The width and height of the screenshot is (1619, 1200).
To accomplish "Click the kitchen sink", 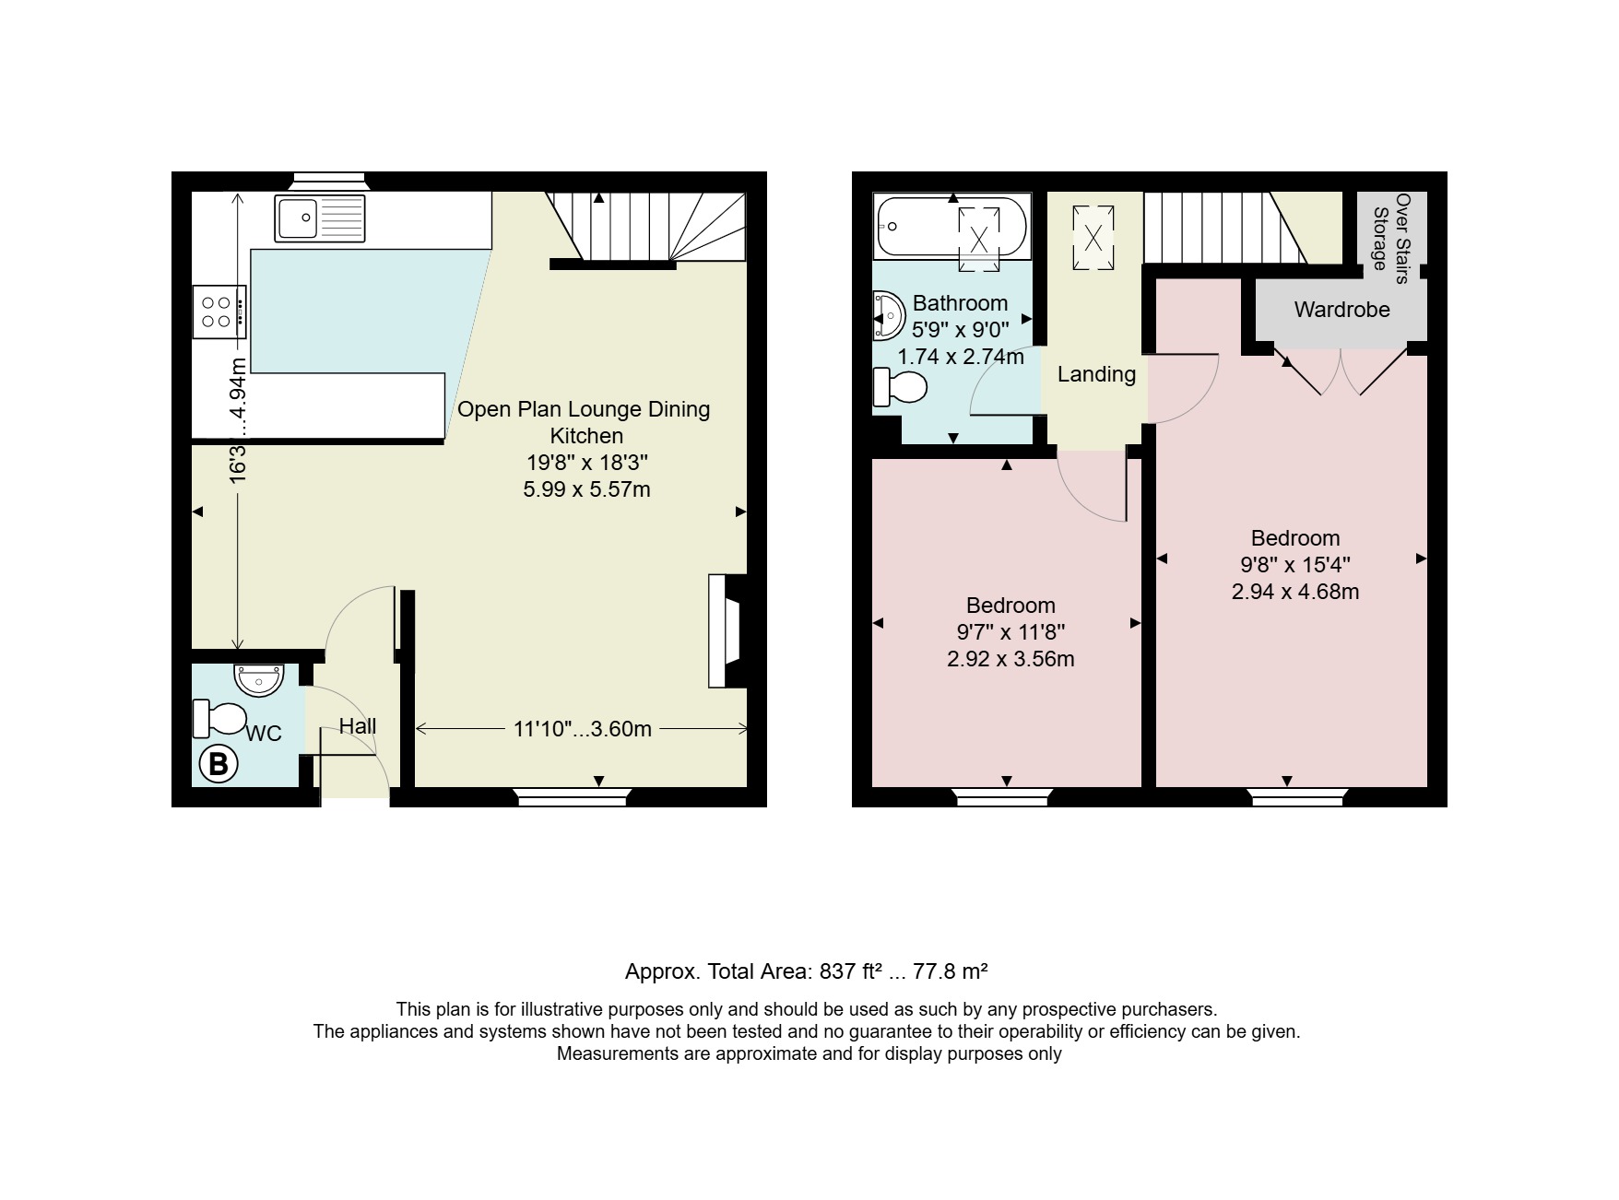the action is [x=320, y=218].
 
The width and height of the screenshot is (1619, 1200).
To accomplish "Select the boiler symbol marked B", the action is [x=219, y=764].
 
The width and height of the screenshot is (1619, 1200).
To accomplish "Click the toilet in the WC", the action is [x=219, y=719].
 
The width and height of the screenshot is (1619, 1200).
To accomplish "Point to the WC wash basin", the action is [x=259, y=679].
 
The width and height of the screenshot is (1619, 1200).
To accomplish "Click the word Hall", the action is [x=358, y=726].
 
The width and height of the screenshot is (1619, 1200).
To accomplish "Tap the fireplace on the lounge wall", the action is [x=727, y=631].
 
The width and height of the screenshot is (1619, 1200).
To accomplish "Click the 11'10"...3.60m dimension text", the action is [x=583, y=729].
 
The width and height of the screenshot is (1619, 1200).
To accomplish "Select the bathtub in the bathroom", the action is [x=951, y=227].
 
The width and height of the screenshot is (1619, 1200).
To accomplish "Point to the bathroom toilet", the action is [x=899, y=387].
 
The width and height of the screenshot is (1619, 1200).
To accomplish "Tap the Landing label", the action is [x=1096, y=374].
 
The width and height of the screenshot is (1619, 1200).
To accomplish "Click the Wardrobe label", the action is [x=1341, y=310].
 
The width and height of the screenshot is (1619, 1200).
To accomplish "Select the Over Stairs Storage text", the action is [x=1391, y=232].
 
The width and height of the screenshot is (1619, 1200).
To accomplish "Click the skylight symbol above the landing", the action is [x=1093, y=239].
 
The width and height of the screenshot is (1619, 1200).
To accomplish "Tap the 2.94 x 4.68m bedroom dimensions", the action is [x=1295, y=592].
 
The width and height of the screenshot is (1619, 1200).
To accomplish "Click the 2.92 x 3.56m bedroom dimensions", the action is [x=1010, y=659].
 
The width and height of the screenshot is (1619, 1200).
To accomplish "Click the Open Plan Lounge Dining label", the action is [x=584, y=409].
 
